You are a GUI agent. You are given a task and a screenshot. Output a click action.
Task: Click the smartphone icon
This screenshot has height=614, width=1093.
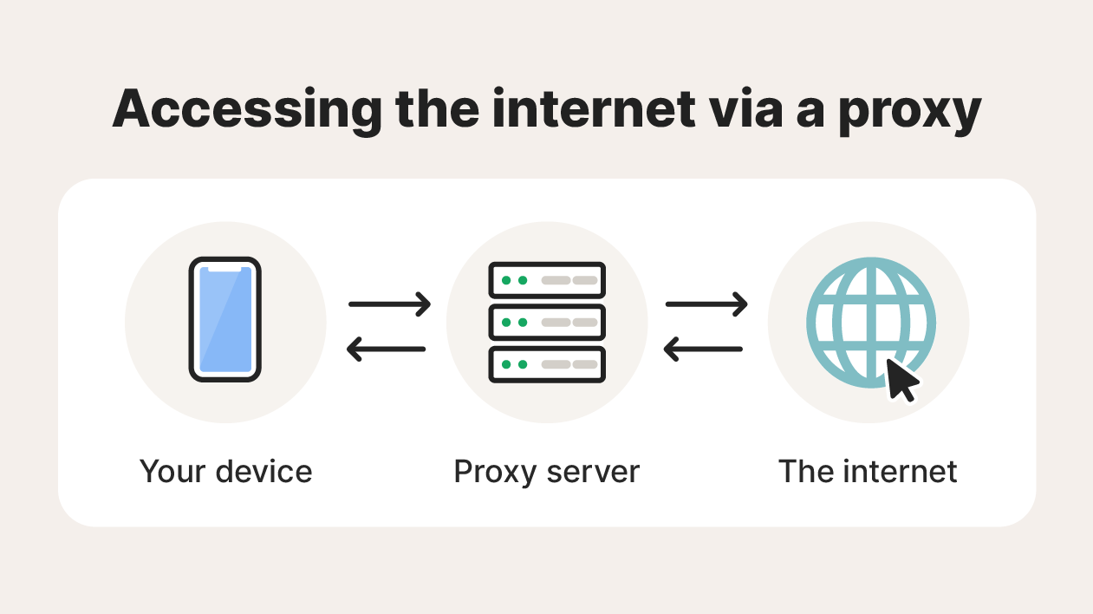225,320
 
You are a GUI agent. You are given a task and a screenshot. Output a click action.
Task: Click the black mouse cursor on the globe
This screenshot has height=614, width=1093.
901,381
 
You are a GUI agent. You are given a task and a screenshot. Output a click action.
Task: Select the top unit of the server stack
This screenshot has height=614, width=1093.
547,281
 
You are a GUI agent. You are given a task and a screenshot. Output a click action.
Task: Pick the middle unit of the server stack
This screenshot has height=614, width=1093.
547,322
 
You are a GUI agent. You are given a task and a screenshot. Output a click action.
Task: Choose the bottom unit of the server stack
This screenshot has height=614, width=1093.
547,364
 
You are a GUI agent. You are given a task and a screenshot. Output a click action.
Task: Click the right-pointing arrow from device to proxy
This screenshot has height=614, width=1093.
389,304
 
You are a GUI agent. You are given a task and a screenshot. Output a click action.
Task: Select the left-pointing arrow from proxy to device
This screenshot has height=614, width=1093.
386,349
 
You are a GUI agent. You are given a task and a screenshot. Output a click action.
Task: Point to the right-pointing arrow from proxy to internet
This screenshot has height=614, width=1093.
706,304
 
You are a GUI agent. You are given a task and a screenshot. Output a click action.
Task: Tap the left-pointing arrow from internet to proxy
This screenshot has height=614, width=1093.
703,349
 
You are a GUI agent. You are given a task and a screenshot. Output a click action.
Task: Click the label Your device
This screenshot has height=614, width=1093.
225,472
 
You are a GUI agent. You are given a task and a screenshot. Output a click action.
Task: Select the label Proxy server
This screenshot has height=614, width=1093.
547,472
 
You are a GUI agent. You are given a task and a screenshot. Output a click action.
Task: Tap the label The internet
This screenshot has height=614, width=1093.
868,472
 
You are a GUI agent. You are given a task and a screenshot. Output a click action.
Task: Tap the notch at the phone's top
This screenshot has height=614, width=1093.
225,270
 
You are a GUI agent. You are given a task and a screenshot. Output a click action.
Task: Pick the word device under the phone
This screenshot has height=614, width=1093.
263,472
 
